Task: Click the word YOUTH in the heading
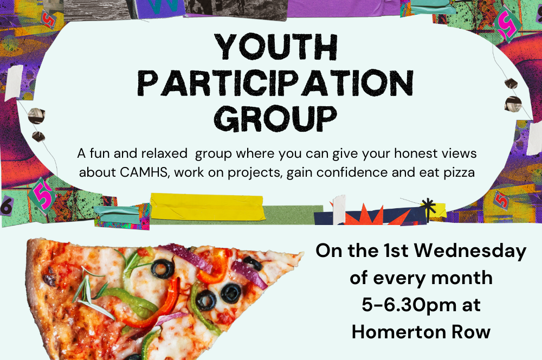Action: pyautogui.click(x=276, y=47)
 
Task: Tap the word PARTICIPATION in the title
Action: pyautogui.click(x=275, y=82)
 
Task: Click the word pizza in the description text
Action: pyautogui.click(x=460, y=172)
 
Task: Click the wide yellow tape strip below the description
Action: pyautogui.click(x=208, y=207)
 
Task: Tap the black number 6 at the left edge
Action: pyautogui.click(x=6, y=206)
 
